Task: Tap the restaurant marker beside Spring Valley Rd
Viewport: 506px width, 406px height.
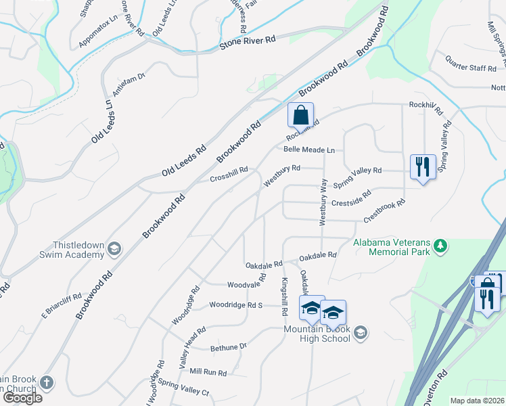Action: click(x=423, y=166)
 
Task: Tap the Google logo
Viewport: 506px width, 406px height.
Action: click(x=22, y=397)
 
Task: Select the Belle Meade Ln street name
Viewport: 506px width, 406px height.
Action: click(x=309, y=150)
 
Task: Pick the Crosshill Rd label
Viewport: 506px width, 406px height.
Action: click(x=229, y=175)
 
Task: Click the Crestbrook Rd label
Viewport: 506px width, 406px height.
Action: click(x=384, y=211)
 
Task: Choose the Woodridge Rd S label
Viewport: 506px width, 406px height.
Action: click(x=235, y=305)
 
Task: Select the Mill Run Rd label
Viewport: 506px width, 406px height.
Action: click(x=208, y=372)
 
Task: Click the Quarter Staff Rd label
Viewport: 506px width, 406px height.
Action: click(x=470, y=63)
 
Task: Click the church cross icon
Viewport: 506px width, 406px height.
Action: click(x=46, y=382)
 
